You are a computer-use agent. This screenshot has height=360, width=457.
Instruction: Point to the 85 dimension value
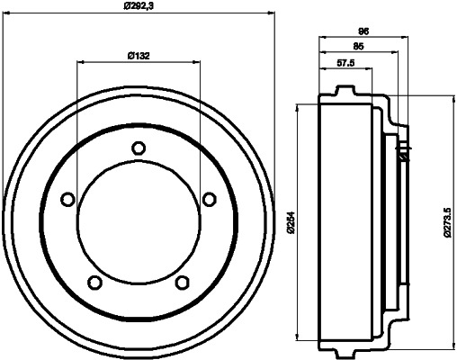[359, 47]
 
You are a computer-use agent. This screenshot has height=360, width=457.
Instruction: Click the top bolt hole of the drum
[138, 148]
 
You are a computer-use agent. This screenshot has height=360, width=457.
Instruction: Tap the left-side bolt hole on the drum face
[67, 200]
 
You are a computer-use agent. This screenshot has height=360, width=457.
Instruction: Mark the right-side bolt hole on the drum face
[209, 200]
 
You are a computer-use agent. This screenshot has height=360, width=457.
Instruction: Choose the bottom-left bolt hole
[94, 283]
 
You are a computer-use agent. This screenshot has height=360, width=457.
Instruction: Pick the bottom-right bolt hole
[182, 283]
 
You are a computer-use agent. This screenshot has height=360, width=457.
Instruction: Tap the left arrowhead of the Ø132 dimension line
[82, 63]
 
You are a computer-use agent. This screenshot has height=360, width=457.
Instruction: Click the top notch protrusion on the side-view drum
[342, 91]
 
